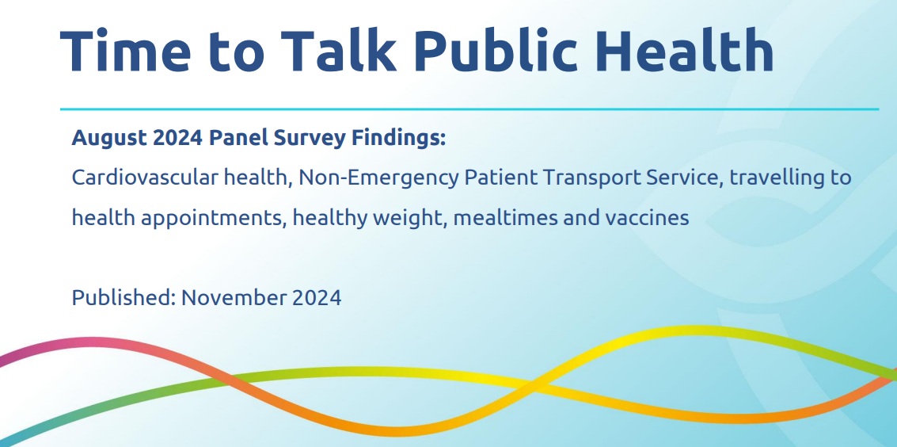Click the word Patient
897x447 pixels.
coord(500,178)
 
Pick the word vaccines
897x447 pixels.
coord(645,218)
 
